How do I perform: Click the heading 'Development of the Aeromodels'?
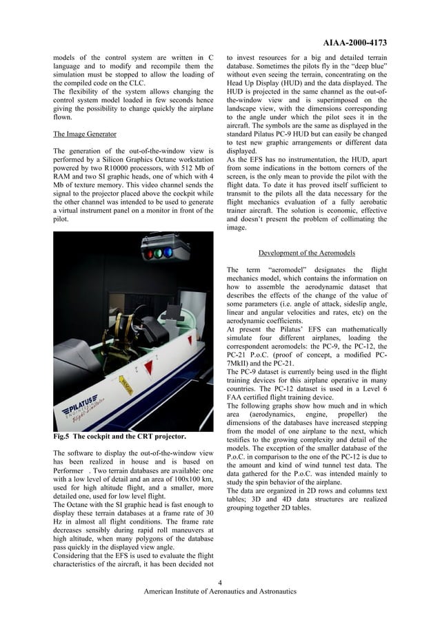tap(306, 253)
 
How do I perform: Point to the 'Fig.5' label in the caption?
tap(63, 437)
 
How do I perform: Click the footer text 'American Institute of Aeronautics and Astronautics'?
tap(219, 591)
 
